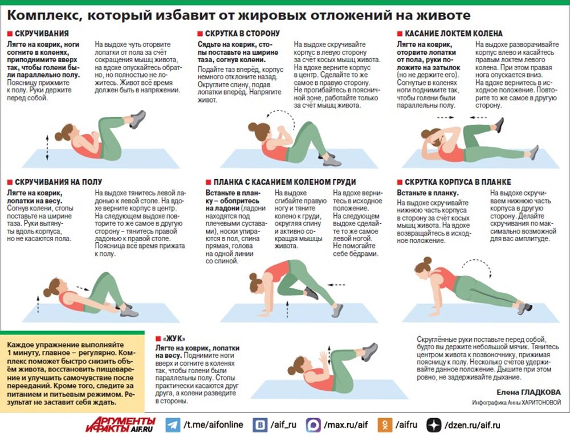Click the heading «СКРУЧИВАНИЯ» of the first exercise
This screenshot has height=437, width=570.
42,34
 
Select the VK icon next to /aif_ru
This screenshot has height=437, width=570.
261,425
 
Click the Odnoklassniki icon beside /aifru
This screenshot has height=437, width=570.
388,425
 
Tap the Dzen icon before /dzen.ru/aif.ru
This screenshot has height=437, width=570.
437,425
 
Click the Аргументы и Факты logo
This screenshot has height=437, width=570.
119,424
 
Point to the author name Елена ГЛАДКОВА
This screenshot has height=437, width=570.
528,392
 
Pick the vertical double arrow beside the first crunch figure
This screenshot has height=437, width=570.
47,148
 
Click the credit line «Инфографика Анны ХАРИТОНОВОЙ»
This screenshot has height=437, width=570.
516,402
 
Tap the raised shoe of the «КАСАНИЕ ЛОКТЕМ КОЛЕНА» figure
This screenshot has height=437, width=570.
499,125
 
